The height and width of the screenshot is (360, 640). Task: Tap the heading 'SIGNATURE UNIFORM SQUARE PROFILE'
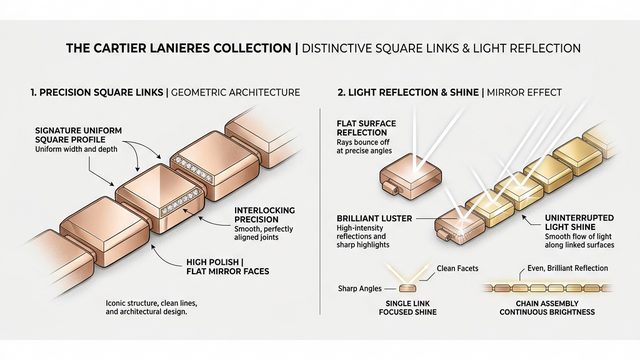[78, 137]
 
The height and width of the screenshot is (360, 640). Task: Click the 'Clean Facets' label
[459, 267]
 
